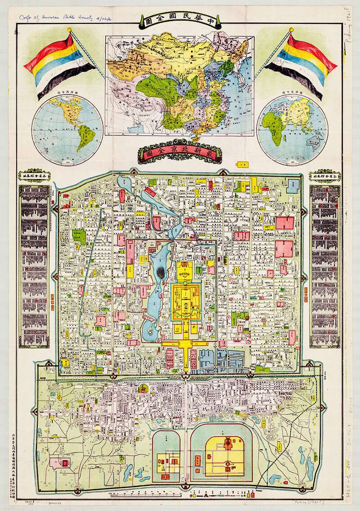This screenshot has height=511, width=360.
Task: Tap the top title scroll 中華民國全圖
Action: coord(180,20)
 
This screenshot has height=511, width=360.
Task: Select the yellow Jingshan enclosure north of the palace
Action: coord(185,270)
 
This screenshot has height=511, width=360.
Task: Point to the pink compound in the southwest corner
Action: coord(62,462)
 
